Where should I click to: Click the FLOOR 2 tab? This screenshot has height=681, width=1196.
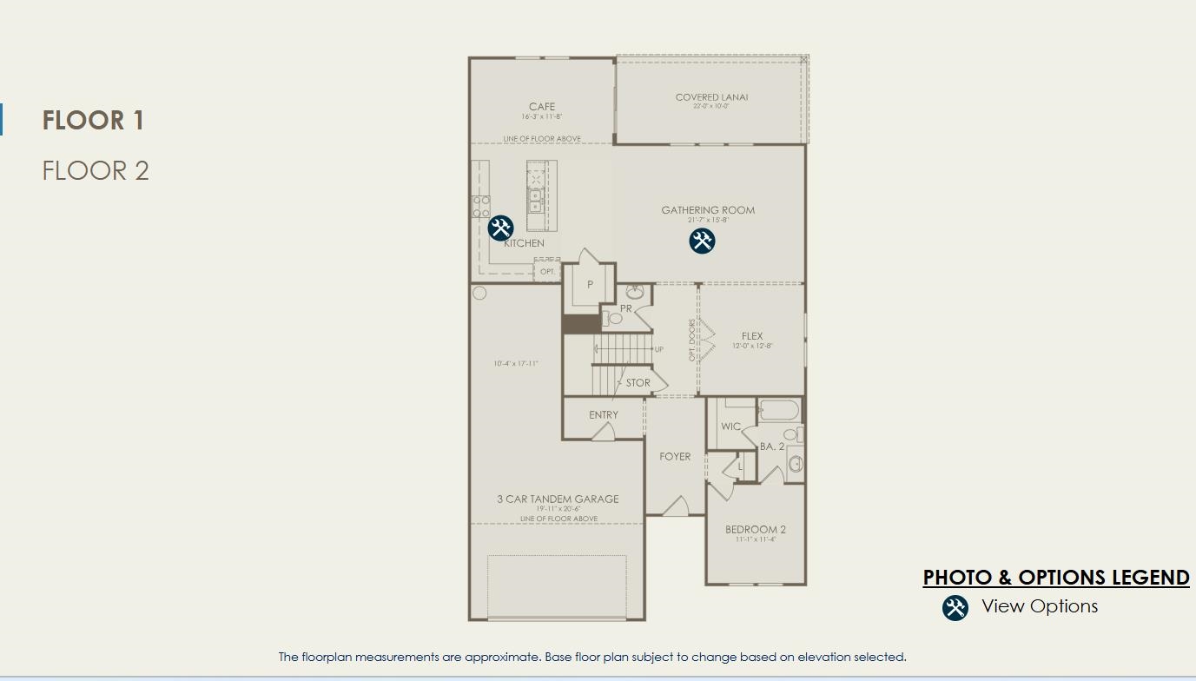pyautogui.click(x=96, y=170)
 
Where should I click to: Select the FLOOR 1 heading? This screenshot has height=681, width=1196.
pyautogui.click(x=93, y=120)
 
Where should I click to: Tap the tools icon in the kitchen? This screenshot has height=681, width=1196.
pyautogui.click(x=500, y=228)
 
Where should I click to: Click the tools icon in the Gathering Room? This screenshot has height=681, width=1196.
pyautogui.click(x=702, y=241)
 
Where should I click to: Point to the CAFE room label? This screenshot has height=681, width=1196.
pyautogui.click(x=542, y=107)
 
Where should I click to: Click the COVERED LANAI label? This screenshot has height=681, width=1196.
pyautogui.click(x=711, y=97)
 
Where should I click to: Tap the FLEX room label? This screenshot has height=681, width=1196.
pyautogui.click(x=752, y=336)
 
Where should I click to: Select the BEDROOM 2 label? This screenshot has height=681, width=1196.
pyautogui.click(x=756, y=529)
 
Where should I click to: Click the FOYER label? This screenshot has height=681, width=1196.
pyautogui.click(x=675, y=456)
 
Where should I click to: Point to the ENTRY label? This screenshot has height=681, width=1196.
pyautogui.click(x=604, y=415)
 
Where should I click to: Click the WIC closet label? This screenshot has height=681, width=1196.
pyautogui.click(x=730, y=426)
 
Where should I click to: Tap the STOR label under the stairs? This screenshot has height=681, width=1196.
pyautogui.click(x=638, y=382)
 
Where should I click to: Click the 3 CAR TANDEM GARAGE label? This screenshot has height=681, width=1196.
pyautogui.click(x=558, y=499)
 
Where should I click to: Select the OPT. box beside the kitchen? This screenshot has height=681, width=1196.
pyautogui.click(x=547, y=272)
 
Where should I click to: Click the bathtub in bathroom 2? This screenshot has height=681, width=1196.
pyautogui.click(x=779, y=410)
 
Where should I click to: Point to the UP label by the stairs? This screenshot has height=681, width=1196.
pyautogui.click(x=659, y=349)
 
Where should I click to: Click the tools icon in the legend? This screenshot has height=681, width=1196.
pyautogui.click(x=955, y=607)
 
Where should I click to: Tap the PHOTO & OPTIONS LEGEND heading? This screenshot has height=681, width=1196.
pyautogui.click(x=1055, y=578)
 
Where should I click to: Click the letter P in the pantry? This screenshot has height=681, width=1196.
pyautogui.click(x=590, y=285)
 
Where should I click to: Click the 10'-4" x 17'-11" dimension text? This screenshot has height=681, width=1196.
pyautogui.click(x=516, y=364)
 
